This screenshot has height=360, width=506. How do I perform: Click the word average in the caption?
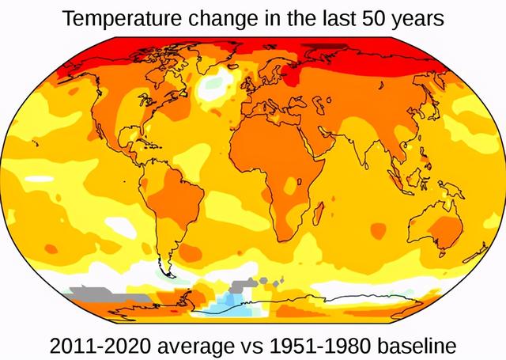[202, 347]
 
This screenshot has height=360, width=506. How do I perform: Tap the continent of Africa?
[269, 166]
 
